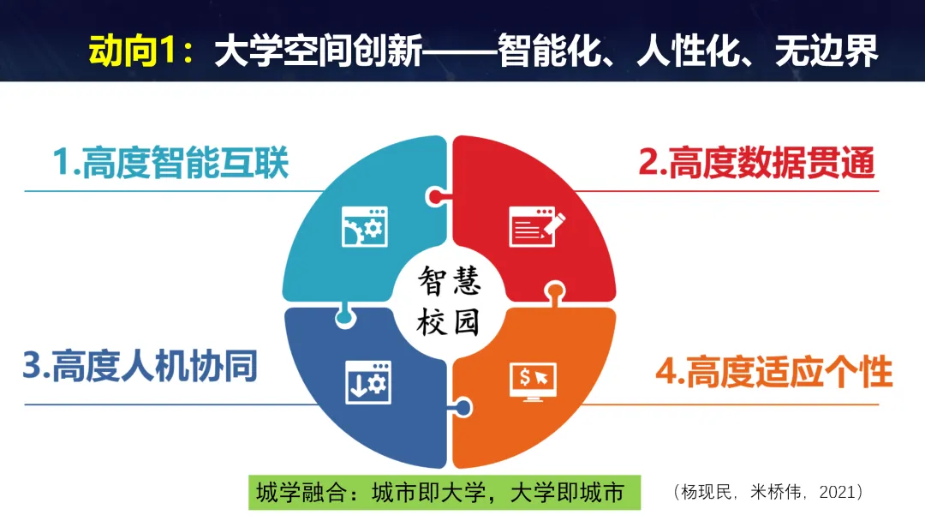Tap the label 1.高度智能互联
(x=171, y=162)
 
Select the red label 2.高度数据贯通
(x=757, y=162)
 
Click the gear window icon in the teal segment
(x=365, y=227)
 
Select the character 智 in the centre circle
(x=433, y=281)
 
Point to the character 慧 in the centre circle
(x=466, y=281)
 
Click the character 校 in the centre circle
(x=433, y=322)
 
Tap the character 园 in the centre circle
(x=466, y=322)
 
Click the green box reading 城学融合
(x=445, y=494)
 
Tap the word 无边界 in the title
(x=826, y=53)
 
